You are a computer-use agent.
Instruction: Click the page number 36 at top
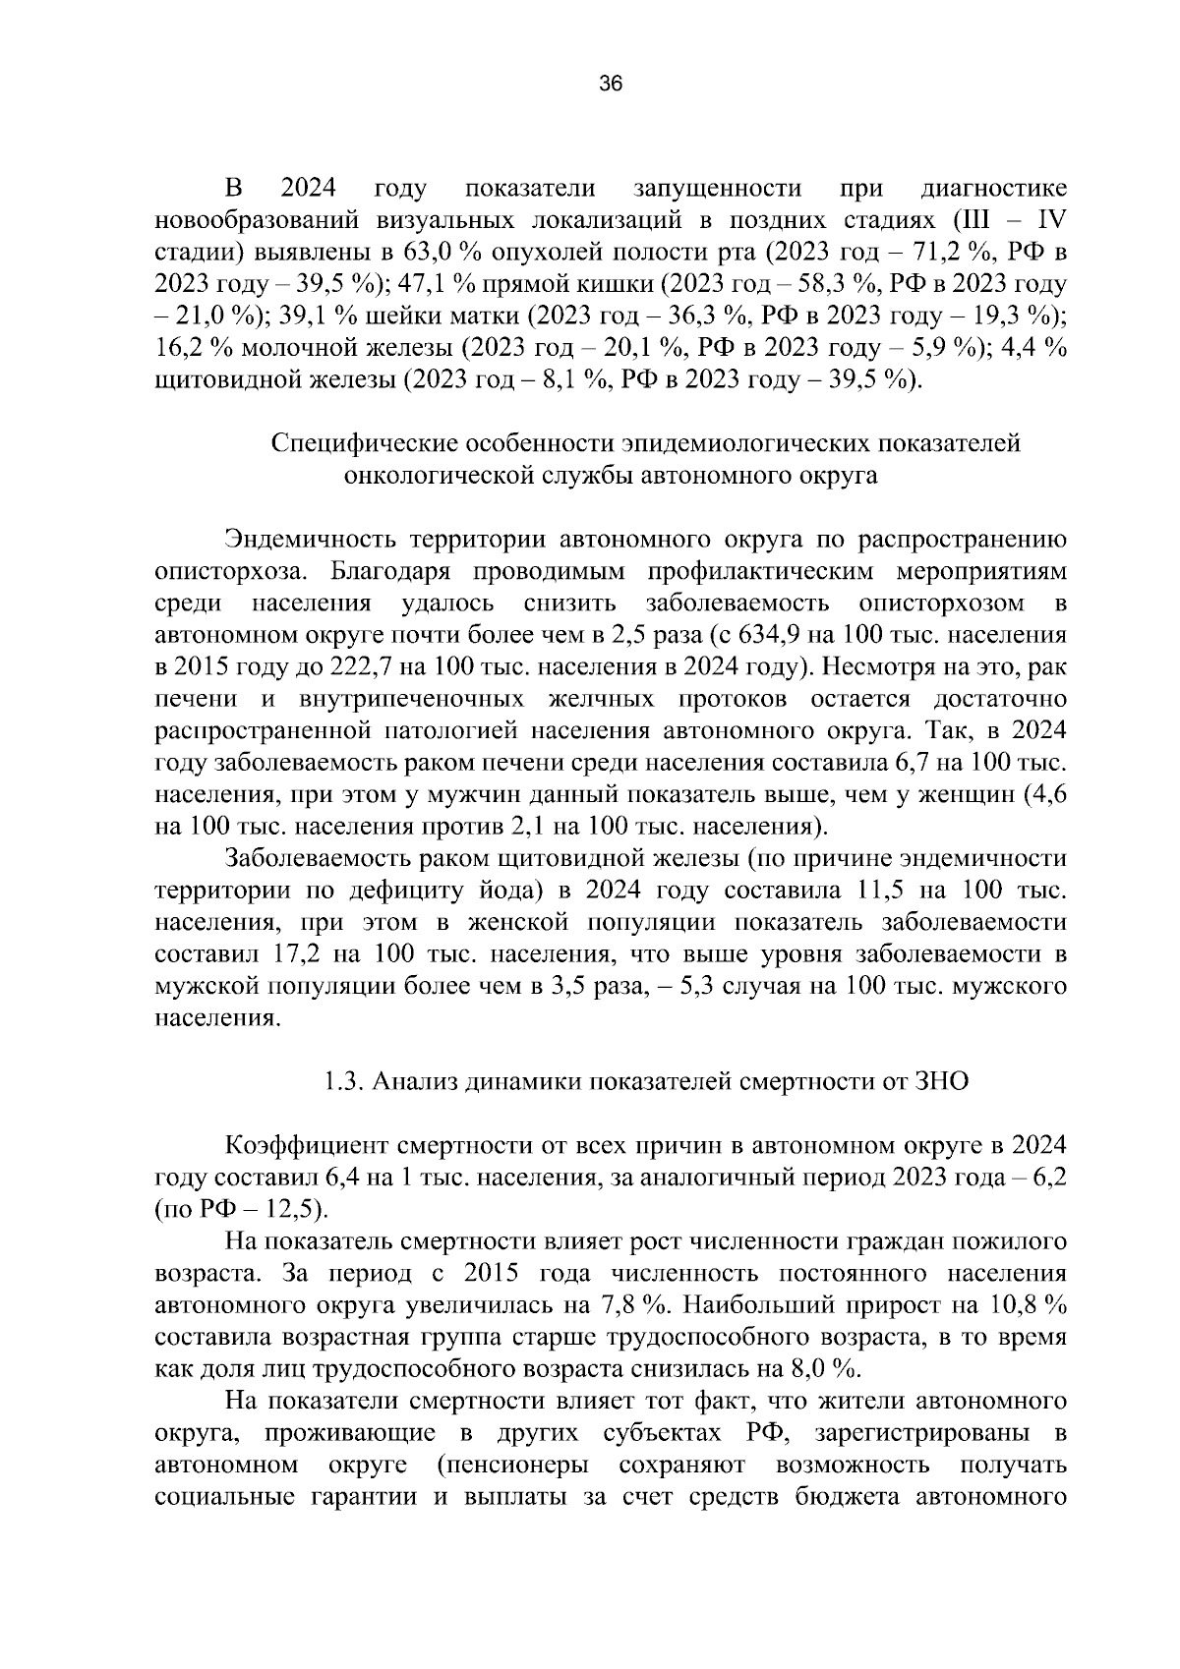[610, 85]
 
